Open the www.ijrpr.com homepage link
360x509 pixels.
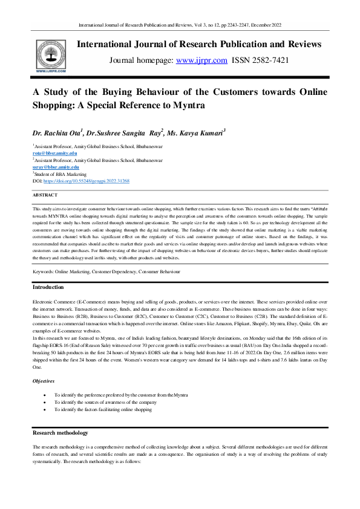point(201,60)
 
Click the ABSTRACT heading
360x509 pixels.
point(45,195)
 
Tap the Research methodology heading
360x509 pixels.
point(60,433)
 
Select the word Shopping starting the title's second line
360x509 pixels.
point(53,105)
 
